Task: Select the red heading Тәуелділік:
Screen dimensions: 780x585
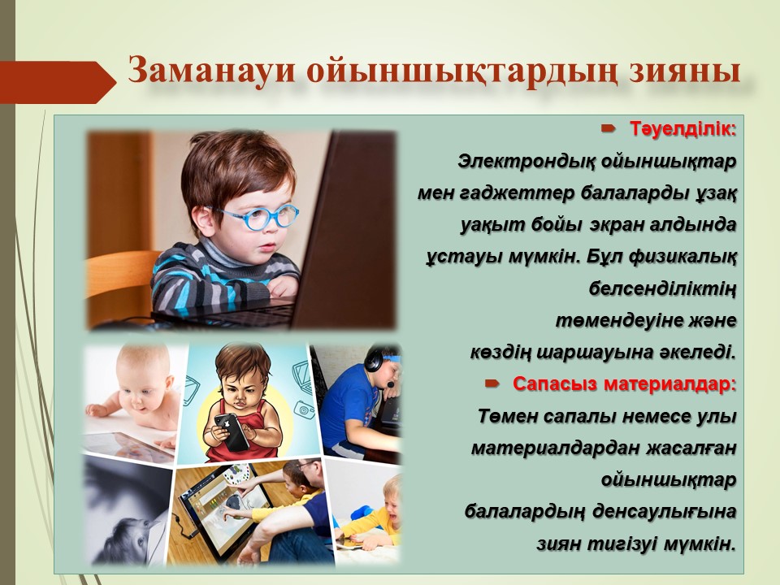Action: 683,129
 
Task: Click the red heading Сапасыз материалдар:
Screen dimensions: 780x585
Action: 624,384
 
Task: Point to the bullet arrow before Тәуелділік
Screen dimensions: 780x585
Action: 608,129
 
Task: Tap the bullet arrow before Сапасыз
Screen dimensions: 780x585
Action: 492,383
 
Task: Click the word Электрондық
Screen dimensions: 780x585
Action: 522,162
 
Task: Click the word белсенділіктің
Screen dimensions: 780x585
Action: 662,289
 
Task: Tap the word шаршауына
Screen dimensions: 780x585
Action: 595,353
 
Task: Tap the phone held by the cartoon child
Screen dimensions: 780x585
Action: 232,431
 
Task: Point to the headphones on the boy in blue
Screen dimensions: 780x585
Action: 376,360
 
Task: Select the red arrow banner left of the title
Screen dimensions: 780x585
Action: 58,82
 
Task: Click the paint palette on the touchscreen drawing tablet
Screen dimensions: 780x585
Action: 236,473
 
